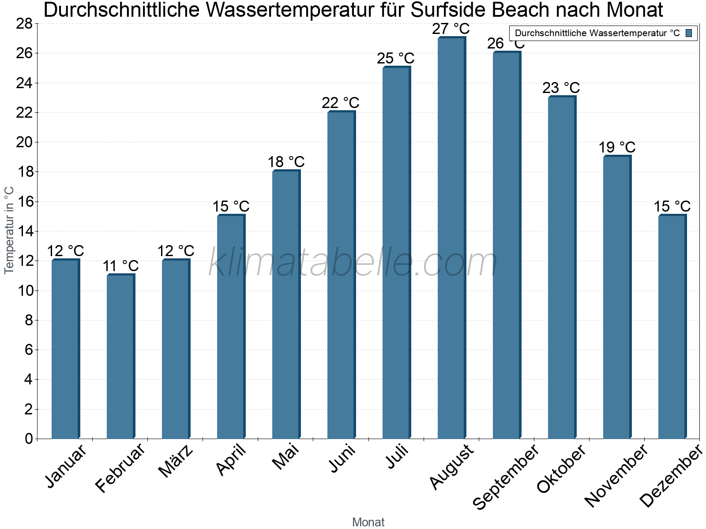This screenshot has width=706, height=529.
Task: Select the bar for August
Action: pos(451,238)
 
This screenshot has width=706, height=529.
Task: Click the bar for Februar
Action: pos(120,357)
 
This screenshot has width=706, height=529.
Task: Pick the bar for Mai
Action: pos(285,304)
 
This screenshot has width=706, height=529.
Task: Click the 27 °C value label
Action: pos(451,29)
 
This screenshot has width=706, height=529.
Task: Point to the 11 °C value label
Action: pos(120,266)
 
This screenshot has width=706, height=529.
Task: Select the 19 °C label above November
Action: pos(616,147)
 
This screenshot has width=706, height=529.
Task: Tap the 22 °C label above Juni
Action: pos(340,103)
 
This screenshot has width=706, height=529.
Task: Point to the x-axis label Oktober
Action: pos(562,469)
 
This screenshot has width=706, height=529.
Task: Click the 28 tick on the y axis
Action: pos(24,24)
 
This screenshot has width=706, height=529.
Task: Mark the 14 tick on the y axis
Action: pos(24,231)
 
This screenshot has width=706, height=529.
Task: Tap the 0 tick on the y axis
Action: pos(29,439)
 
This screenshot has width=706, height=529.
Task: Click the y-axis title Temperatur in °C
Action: pos(9,230)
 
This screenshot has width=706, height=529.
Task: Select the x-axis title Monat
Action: pos(368,522)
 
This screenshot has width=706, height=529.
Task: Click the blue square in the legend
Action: pos(689,33)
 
